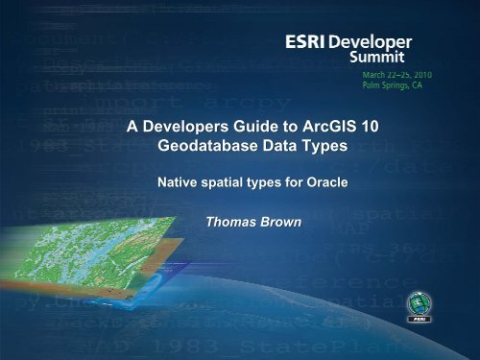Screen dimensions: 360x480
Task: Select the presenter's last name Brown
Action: coord(285,224)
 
